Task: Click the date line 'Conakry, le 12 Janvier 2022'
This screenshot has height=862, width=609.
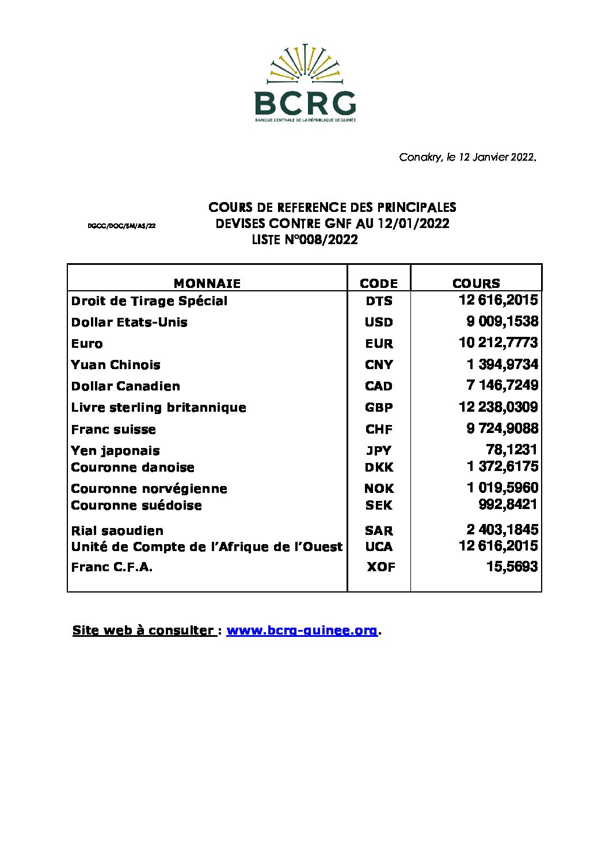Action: [x=467, y=157]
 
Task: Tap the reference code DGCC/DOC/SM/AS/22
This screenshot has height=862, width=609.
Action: [x=121, y=226]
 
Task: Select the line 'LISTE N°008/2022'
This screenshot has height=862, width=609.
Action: [x=304, y=240]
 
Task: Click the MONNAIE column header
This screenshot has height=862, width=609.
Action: [x=207, y=283]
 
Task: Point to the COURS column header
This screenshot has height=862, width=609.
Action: [x=476, y=283]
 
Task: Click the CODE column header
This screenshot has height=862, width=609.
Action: [x=379, y=283]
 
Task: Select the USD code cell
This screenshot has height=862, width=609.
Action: [x=379, y=322]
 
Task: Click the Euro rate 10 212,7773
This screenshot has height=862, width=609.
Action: [x=498, y=343]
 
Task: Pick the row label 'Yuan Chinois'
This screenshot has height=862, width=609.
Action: [x=116, y=365]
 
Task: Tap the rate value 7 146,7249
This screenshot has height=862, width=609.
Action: [x=502, y=385]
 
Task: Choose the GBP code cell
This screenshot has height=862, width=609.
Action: [x=379, y=408]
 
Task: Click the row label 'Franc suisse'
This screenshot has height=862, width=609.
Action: [x=113, y=430]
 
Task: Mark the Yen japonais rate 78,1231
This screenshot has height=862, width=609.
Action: [x=512, y=450]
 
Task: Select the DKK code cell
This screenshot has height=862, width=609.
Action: [x=379, y=468]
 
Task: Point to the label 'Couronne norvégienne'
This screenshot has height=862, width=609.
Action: [x=149, y=489]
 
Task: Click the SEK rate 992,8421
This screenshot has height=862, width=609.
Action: [x=508, y=504]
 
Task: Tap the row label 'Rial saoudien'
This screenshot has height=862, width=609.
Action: [x=117, y=531]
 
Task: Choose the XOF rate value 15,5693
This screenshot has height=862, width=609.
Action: [x=512, y=567]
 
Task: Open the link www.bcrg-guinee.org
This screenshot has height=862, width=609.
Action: [x=302, y=631]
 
